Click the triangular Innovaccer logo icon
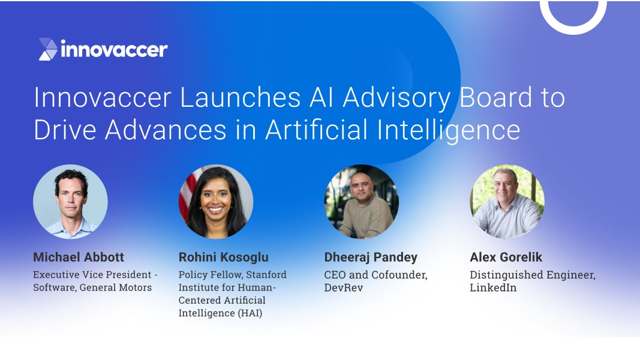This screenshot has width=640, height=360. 48,49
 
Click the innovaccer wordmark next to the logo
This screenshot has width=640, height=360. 114,49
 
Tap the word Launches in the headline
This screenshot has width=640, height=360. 240,98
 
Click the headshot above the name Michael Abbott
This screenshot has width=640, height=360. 70,201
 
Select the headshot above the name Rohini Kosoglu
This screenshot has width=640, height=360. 216,201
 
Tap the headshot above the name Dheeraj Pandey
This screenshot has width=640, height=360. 361,201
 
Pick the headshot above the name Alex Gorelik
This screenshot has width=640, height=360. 507,201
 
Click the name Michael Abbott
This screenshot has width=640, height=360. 79,257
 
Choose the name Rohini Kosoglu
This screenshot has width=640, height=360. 224,257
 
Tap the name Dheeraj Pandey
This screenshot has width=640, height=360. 371,257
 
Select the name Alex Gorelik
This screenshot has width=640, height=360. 506,257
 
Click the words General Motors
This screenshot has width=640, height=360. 116,287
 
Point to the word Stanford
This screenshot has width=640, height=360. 266,275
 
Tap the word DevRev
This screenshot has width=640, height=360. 343,287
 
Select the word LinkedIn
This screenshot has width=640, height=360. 493,287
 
